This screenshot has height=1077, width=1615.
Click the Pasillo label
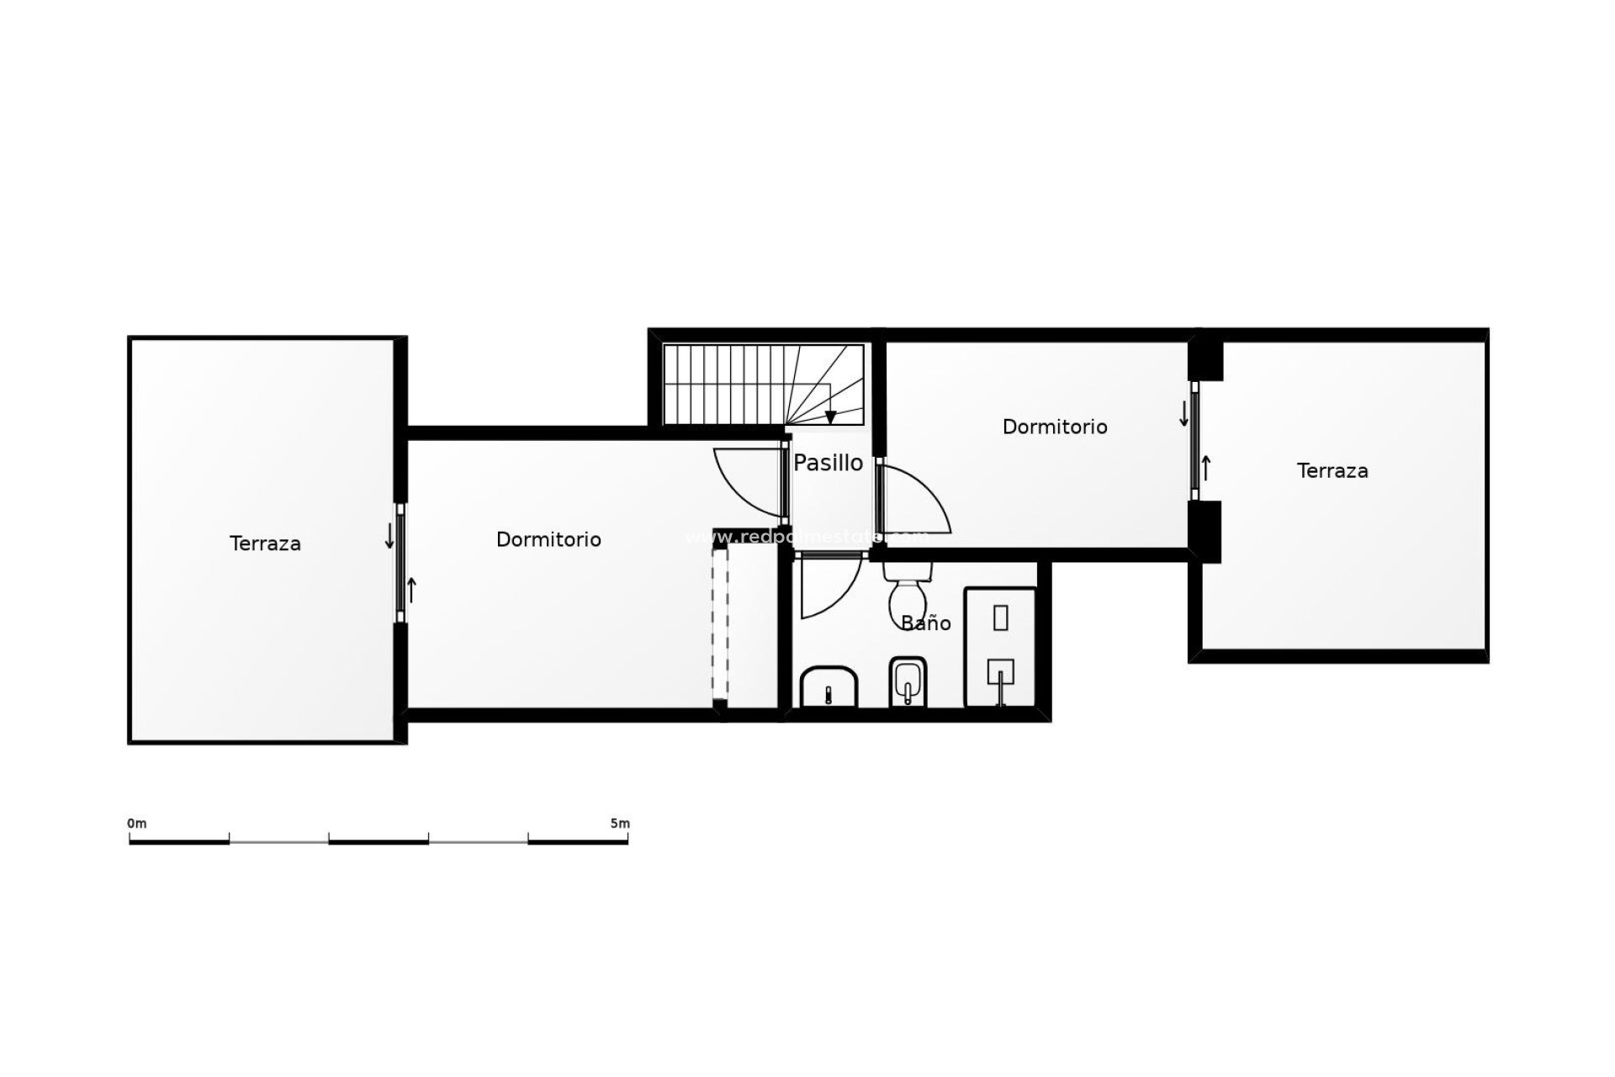click(x=829, y=463)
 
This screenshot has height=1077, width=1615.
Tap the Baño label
click(x=926, y=623)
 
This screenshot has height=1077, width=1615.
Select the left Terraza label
click(x=265, y=544)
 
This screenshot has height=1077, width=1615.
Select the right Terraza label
click(x=1332, y=471)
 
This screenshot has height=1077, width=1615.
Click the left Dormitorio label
click(x=548, y=539)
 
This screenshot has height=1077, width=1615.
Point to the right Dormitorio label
click(x=1055, y=427)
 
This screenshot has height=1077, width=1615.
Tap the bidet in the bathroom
click(x=907, y=682)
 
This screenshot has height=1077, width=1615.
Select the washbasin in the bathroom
click(x=829, y=687)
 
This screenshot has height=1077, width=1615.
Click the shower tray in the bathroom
click(x=1000, y=646)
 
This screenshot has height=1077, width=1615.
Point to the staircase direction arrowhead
click(x=830, y=417)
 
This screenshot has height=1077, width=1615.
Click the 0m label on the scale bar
click(x=137, y=823)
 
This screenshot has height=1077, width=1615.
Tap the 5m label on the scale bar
click(x=620, y=823)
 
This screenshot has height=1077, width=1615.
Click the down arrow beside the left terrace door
click(x=389, y=536)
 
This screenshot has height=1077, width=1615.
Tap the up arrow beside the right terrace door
click(x=1206, y=468)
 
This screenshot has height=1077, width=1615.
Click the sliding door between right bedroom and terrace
click(x=1194, y=441)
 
